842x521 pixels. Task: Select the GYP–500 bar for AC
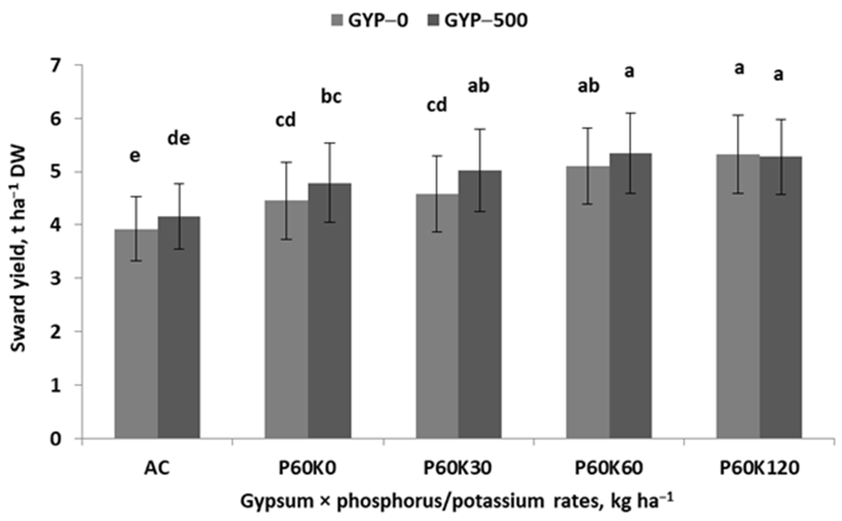coord(179,327)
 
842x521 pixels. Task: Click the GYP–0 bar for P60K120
coord(738,296)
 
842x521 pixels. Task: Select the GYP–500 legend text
coord(486,20)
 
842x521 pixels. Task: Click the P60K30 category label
coord(458,468)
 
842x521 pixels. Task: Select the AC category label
coord(157,468)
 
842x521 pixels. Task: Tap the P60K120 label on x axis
coord(759,468)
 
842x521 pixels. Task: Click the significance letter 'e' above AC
coord(135,156)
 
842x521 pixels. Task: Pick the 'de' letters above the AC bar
coord(179,139)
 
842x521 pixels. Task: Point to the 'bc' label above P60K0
coord(331,97)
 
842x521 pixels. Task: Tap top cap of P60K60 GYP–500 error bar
coord(630,113)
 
